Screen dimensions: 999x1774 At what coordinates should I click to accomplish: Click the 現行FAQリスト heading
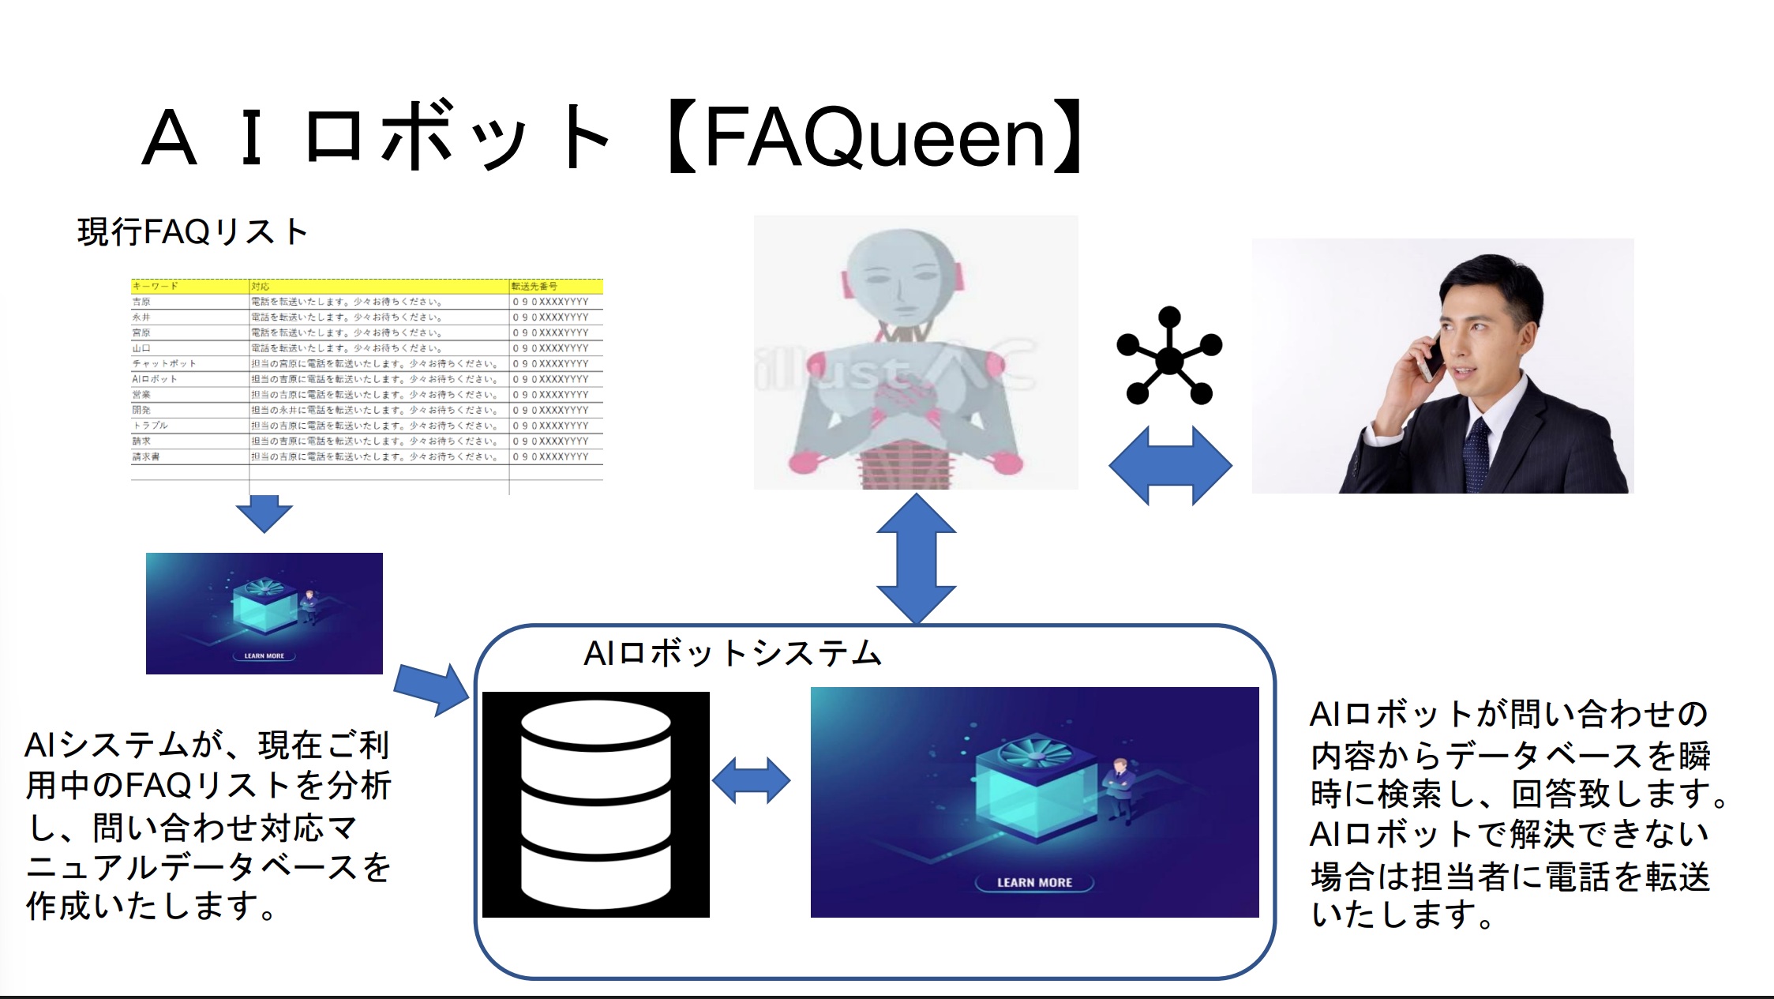click(192, 232)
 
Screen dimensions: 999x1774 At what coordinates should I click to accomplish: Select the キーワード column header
click(156, 286)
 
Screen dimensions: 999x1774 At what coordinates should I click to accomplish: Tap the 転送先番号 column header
click(534, 286)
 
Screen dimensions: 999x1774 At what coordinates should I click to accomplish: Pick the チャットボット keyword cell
click(164, 363)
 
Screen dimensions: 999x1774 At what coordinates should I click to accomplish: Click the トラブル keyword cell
click(150, 425)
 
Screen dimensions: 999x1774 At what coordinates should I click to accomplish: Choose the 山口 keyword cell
click(141, 347)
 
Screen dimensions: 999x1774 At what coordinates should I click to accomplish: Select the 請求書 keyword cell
click(146, 456)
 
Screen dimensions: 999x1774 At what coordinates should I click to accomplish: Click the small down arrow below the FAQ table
click(264, 513)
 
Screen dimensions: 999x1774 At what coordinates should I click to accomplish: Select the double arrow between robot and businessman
click(1170, 465)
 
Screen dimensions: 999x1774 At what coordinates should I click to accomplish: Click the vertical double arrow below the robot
click(916, 559)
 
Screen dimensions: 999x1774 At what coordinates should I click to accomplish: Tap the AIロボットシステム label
click(732, 653)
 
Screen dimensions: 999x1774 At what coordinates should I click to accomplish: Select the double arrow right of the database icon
click(751, 780)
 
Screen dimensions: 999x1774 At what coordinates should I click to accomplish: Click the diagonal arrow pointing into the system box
click(432, 688)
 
